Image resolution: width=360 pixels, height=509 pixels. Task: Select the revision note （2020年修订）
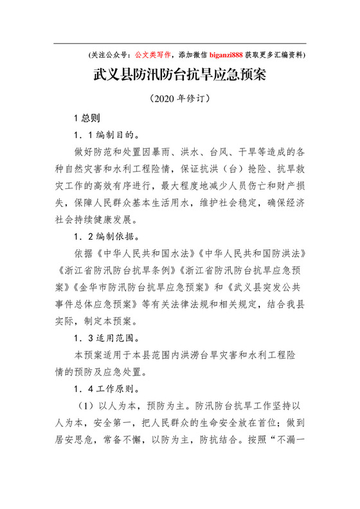click(x=179, y=100)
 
